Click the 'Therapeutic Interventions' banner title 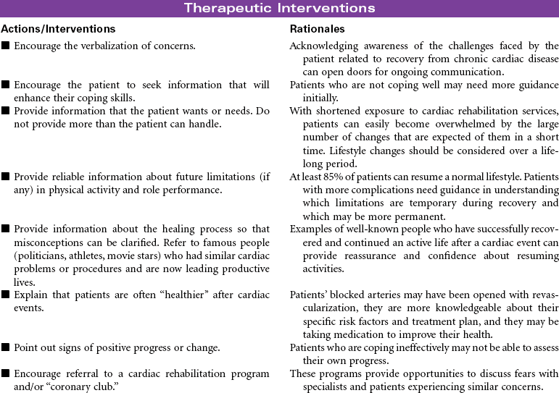279,8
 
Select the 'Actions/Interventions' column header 58,29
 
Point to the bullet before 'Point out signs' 6,348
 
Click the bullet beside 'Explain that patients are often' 6,295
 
